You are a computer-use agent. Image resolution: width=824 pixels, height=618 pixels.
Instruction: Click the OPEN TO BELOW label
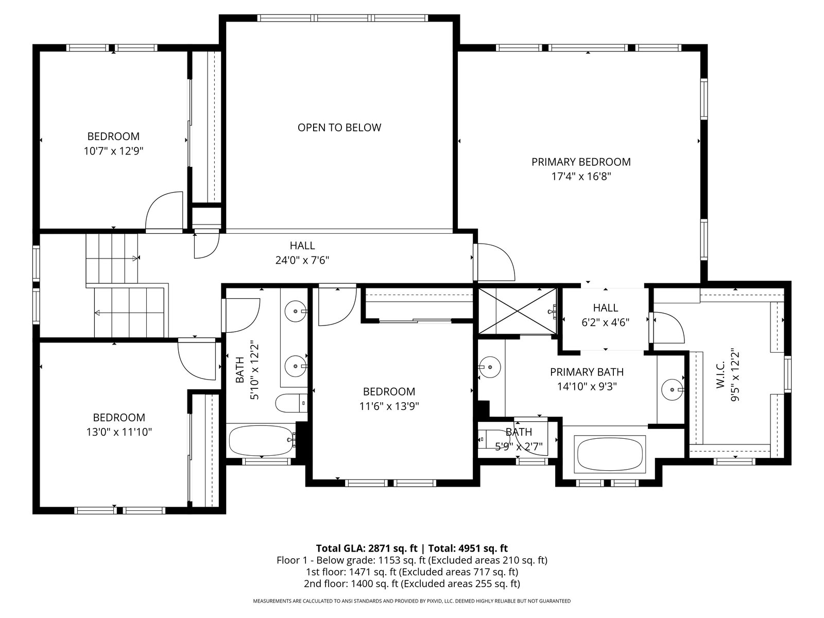pyautogui.click(x=339, y=128)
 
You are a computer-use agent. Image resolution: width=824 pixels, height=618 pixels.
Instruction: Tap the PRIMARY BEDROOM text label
pyautogui.click(x=581, y=162)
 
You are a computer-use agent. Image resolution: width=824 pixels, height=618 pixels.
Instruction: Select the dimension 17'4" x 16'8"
pyautogui.click(x=581, y=176)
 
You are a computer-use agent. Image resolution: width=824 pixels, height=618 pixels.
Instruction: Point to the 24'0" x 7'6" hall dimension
pyautogui.click(x=302, y=260)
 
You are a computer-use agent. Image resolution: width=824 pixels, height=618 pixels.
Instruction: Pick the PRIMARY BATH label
pyautogui.click(x=587, y=372)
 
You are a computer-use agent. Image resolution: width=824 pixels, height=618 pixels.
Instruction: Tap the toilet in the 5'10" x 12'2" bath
pyautogui.click(x=291, y=403)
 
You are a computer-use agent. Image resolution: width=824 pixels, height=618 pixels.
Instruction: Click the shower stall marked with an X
pyautogui.click(x=518, y=311)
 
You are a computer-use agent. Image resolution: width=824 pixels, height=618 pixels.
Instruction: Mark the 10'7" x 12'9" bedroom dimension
pyautogui.click(x=114, y=151)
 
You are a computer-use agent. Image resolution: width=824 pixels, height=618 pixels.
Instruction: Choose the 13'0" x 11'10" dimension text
pyautogui.click(x=119, y=432)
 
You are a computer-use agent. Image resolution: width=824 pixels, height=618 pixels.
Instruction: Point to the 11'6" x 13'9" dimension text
pyautogui.click(x=389, y=406)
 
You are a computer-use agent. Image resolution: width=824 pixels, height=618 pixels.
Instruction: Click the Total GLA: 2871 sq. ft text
pyautogui.click(x=367, y=548)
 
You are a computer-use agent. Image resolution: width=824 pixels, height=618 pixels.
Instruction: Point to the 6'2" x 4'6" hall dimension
pyautogui.click(x=605, y=322)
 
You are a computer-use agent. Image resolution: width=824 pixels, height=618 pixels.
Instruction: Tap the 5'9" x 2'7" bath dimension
pyautogui.click(x=519, y=447)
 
